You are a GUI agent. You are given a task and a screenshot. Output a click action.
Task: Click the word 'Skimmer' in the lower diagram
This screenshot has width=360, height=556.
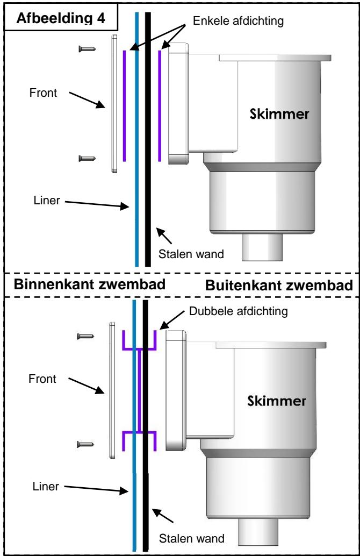tap(279, 401)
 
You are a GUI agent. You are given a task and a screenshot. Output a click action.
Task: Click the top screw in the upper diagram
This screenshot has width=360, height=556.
tap(87, 49)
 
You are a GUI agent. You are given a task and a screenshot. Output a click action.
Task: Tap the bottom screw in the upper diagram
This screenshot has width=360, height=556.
tap(87, 158)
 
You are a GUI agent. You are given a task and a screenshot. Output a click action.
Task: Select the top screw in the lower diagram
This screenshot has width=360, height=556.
tap(87, 336)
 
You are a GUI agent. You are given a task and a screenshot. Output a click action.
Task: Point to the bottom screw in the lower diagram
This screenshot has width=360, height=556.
tap(87, 444)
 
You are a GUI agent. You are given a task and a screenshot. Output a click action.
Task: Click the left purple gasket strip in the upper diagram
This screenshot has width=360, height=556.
tap(125, 105)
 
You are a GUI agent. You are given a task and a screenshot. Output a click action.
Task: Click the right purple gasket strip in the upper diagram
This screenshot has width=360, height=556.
tap(160, 105)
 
